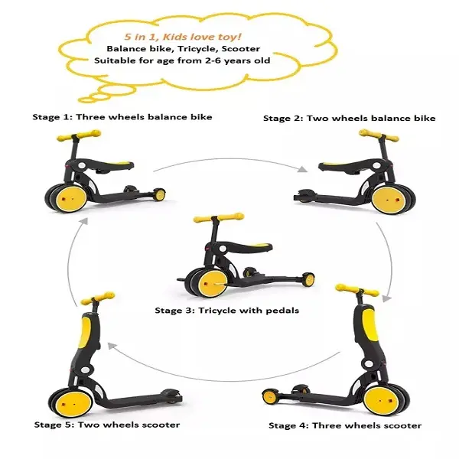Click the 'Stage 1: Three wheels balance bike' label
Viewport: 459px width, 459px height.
[122, 117]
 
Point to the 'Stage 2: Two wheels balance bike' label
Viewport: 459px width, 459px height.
[349, 118]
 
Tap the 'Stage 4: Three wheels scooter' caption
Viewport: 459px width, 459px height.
[345, 425]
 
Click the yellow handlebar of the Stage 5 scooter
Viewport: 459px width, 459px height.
[97, 295]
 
